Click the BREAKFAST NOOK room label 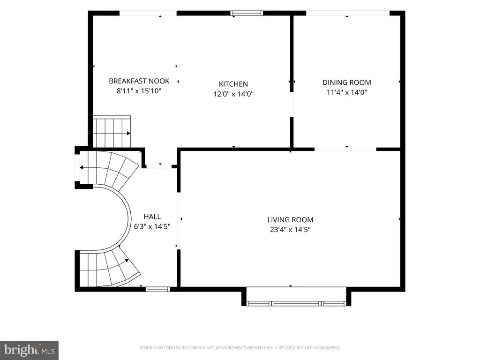[139, 81]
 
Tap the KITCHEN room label [233, 84]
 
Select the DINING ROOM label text [347, 82]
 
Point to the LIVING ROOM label [290, 220]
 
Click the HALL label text [152, 217]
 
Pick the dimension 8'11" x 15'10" [139, 91]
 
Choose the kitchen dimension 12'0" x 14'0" [233, 94]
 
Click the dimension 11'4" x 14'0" [347, 92]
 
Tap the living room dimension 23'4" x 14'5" [290, 230]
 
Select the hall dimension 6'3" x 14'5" [152, 226]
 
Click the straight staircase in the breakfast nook [112, 132]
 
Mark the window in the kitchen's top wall [247, 13]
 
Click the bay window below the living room [296, 303]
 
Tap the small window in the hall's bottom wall [157, 289]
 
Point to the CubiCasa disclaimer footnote [240, 348]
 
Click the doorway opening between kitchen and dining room [292, 105]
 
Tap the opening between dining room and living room [345, 150]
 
